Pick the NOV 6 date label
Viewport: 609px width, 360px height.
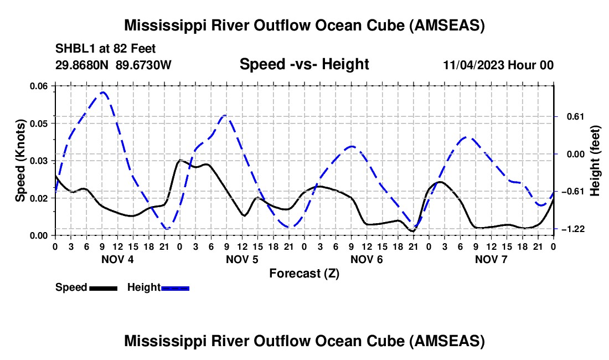tap(367, 259)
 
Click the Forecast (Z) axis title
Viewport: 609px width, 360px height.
tap(304, 273)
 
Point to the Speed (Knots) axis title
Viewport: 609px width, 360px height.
tap(20, 160)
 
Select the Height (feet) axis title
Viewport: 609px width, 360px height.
tap(595, 161)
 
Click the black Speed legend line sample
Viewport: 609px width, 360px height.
tap(103, 288)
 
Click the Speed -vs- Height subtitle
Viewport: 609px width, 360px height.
tap(304, 65)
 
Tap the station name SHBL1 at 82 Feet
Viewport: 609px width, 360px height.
tap(105, 48)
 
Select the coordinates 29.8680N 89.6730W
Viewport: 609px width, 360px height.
tap(113, 65)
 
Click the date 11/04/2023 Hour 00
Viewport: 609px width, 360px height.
tap(498, 65)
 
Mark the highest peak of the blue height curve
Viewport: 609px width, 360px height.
tap(103, 92)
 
